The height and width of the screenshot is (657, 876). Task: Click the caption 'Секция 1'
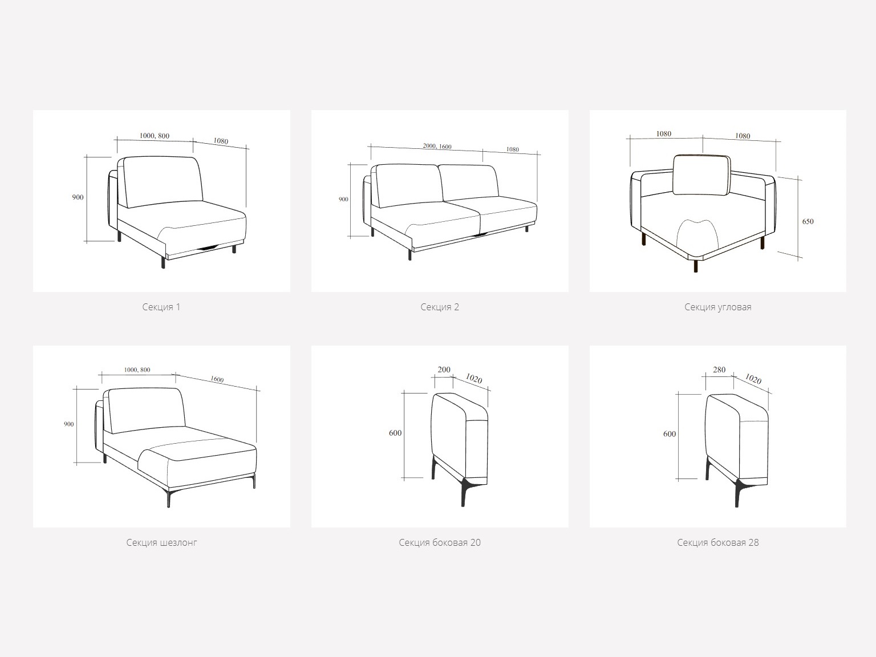(161, 307)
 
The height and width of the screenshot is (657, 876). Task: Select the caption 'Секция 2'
(440, 307)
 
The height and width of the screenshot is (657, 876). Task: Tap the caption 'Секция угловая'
(717, 307)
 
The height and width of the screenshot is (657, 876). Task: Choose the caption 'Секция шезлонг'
(161, 542)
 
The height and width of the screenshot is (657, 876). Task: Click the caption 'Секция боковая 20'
(440, 542)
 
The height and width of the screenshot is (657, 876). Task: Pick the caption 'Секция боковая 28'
(717, 542)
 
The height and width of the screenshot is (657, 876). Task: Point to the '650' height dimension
(808, 221)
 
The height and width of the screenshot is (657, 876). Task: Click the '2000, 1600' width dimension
(437, 146)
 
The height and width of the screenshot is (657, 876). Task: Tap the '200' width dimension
(444, 370)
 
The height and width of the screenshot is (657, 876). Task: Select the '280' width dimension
(719, 370)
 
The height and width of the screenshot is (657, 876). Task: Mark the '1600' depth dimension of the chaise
(217, 379)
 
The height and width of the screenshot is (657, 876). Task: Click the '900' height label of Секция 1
(78, 197)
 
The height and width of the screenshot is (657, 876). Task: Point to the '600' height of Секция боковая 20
(395, 433)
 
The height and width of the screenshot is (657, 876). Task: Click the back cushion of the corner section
(702, 175)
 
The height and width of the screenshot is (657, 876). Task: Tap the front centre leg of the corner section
(696, 266)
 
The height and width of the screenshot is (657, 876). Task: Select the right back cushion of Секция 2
(469, 182)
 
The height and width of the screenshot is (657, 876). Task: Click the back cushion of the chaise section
(145, 410)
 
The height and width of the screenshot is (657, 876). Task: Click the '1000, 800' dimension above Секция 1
(155, 136)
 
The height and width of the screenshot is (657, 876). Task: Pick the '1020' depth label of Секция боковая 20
(474, 378)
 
